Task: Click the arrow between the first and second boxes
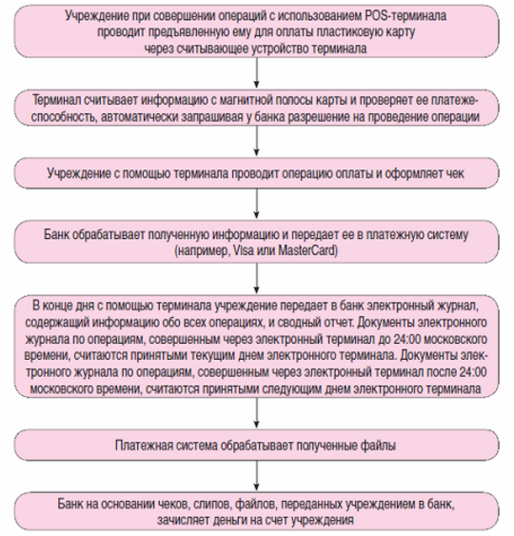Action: (255, 73)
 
